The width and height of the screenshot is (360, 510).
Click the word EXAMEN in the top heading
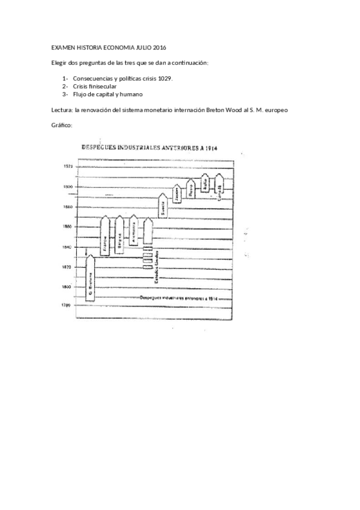pos(61,47)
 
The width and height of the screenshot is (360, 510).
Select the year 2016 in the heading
pos(157,47)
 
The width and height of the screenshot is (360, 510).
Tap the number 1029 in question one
pos(163,78)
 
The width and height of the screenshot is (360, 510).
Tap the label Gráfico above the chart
pos(61,125)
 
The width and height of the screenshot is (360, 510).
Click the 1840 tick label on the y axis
pos(67,247)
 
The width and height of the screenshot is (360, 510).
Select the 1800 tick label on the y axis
pos(67,286)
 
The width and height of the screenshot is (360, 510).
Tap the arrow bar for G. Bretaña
pos(91,283)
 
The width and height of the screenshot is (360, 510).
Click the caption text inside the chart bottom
pos(178,298)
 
